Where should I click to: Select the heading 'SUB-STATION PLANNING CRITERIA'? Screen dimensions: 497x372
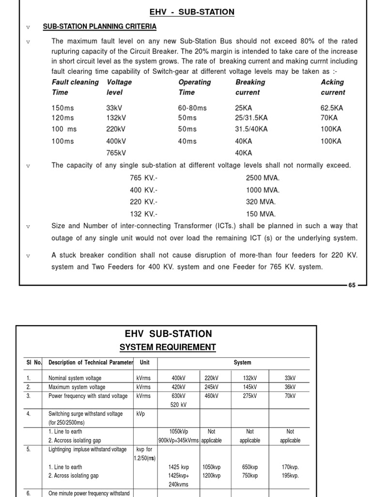point(99,26)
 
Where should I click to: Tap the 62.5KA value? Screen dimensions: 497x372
point(331,108)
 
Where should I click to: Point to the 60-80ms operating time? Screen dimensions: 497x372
point(192,108)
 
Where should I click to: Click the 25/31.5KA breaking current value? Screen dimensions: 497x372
point(251,117)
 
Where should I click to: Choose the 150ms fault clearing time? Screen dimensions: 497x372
point(63,108)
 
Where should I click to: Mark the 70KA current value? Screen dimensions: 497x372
point(329,117)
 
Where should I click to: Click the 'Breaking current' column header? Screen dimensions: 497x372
point(250,87)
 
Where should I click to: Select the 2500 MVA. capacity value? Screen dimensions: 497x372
point(263,178)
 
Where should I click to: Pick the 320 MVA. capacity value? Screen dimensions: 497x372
point(261,202)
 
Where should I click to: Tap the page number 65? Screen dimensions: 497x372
point(352,285)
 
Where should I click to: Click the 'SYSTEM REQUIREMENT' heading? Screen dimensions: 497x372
point(168,347)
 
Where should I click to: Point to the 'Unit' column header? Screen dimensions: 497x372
point(144,363)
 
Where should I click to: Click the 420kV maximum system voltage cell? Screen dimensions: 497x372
point(178,387)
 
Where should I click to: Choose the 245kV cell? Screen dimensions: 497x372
point(211,387)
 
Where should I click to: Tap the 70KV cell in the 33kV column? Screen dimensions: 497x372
point(290,396)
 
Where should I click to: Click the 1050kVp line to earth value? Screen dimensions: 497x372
point(178,431)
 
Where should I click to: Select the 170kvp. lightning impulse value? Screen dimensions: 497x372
point(290,467)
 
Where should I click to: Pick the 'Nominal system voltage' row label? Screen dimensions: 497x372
point(75,378)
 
